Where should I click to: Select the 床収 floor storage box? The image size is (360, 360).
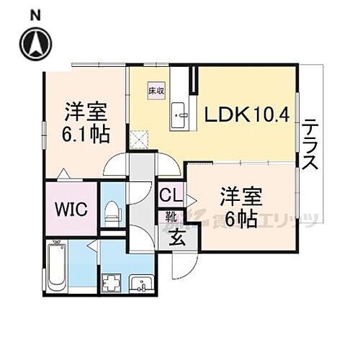click(156, 91)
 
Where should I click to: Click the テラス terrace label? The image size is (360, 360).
click(310, 143)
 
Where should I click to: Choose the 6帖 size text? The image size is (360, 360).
click(240, 219)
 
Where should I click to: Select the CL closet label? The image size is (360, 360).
click(170, 194)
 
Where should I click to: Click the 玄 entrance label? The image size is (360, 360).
click(176, 238)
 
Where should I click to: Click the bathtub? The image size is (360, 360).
click(57, 267)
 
